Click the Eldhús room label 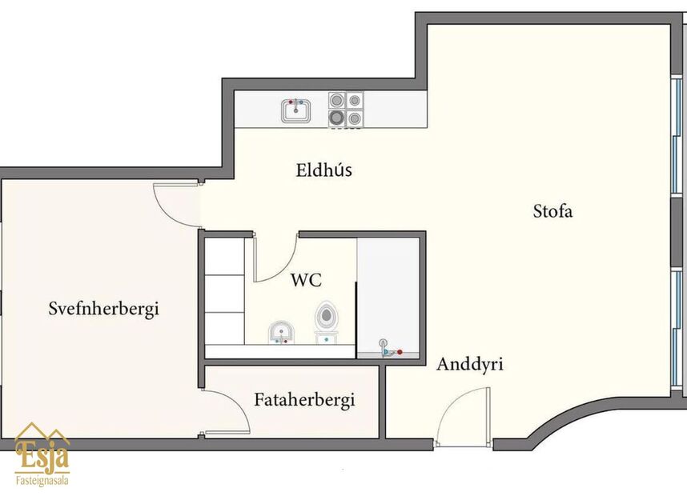323,170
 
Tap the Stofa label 553,212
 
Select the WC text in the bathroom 306,280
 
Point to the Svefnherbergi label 103,308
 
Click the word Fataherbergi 304,400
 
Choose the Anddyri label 469,365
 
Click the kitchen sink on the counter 295,110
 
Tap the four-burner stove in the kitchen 345,110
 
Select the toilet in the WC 325,318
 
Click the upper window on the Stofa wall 677,136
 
